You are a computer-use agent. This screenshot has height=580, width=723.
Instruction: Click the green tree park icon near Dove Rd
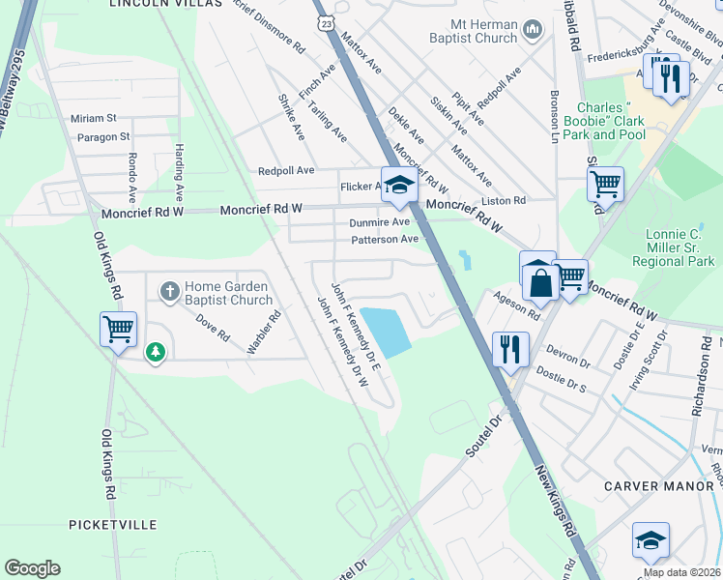click(156, 353)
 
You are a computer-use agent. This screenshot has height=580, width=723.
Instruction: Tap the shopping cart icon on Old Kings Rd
click(118, 329)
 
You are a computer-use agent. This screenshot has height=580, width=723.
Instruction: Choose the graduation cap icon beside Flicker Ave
click(397, 186)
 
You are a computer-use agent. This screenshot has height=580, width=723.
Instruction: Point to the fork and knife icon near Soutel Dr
click(510, 349)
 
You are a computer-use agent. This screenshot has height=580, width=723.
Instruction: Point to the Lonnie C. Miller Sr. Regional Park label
click(672, 247)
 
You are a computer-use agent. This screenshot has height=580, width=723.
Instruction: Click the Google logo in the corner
click(32, 568)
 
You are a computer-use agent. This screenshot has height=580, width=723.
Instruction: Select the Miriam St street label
click(93, 118)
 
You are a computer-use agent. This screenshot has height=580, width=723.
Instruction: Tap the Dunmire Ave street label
click(380, 222)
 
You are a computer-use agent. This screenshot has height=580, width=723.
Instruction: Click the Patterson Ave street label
click(384, 239)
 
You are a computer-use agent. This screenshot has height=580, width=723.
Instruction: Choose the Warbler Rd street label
click(263, 332)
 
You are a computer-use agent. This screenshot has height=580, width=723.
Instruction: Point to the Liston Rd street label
click(506, 201)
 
